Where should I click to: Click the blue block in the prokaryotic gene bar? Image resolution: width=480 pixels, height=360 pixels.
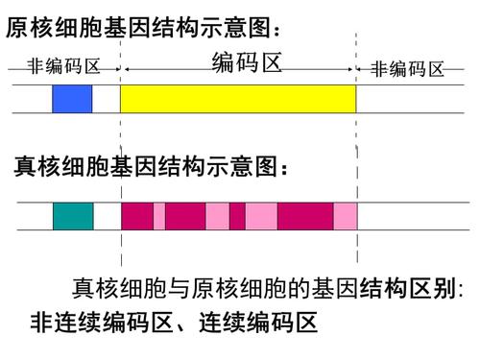(72, 99)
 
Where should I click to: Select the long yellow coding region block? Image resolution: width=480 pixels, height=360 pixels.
(238, 99)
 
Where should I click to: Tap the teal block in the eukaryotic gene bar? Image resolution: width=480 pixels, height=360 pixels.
(73, 217)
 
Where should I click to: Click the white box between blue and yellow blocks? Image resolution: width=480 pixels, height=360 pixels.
(106, 99)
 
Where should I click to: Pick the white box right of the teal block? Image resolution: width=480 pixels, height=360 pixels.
(107, 217)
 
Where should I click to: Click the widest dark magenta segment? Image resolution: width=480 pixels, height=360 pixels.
(304, 217)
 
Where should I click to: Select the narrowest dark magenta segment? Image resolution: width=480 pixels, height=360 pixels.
(237, 217)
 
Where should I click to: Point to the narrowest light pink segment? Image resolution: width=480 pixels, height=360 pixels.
(158, 217)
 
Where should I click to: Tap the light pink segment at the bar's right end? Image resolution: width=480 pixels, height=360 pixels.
(345, 217)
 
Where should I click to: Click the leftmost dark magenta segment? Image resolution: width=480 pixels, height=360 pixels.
(137, 217)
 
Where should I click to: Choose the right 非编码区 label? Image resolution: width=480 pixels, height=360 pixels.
(407, 68)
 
